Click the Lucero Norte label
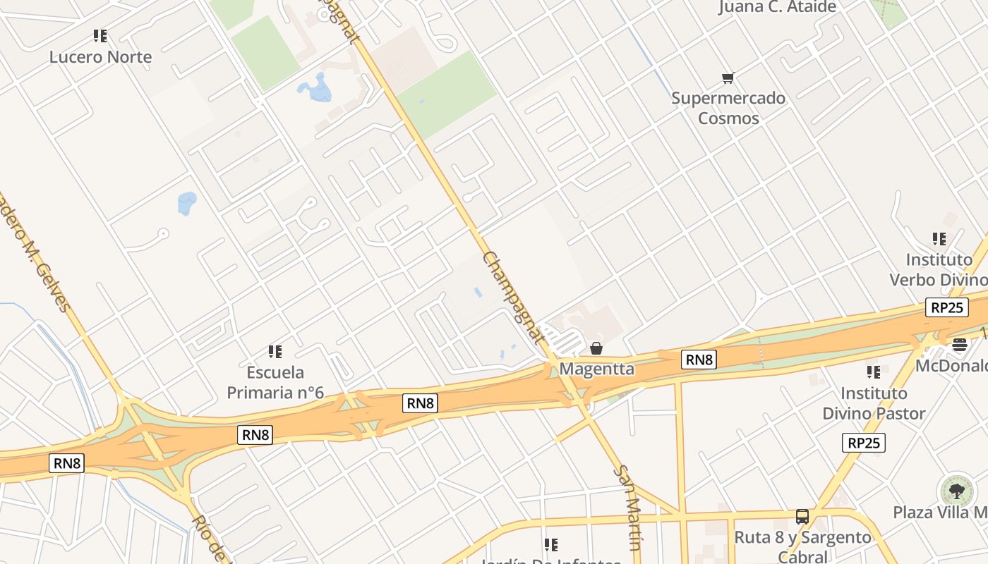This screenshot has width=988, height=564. pyautogui.click(x=100, y=57)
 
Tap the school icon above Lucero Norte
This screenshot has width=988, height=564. pyautogui.click(x=100, y=35)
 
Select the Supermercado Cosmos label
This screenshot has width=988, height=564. pyautogui.click(x=728, y=108)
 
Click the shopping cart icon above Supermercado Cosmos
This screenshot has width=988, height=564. pyautogui.click(x=728, y=78)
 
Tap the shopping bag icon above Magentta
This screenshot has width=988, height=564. pyautogui.click(x=596, y=348)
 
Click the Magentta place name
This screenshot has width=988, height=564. pyautogui.click(x=596, y=369)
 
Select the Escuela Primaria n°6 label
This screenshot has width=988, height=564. pyautogui.click(x=275, y=382)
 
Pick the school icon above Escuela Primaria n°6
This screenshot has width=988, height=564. pyautogui.click(x=275, y=351)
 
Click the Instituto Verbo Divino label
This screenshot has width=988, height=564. pyautogui.click(x=939, y=270)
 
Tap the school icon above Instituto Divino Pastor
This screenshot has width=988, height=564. pyautogui.click(x=874, y=372)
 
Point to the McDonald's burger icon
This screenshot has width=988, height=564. pyautogui.click(x=959, y=345)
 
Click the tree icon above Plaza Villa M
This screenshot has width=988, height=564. pyautogui.click(x=956, y=491)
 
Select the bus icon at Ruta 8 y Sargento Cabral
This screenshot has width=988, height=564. pyautogui.click(x=802, y=517)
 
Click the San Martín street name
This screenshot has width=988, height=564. pyautogui.click(x=629, y=506)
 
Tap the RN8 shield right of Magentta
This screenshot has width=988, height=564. pyautogui.click(x=699, y=360)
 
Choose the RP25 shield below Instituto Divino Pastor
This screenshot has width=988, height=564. pyautogui.click(x=864, y=443)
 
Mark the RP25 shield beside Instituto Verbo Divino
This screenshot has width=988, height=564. pyautogui.click(x=947, y=307)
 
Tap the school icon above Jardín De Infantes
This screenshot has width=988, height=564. pyautogui.click(x=551, y=544)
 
